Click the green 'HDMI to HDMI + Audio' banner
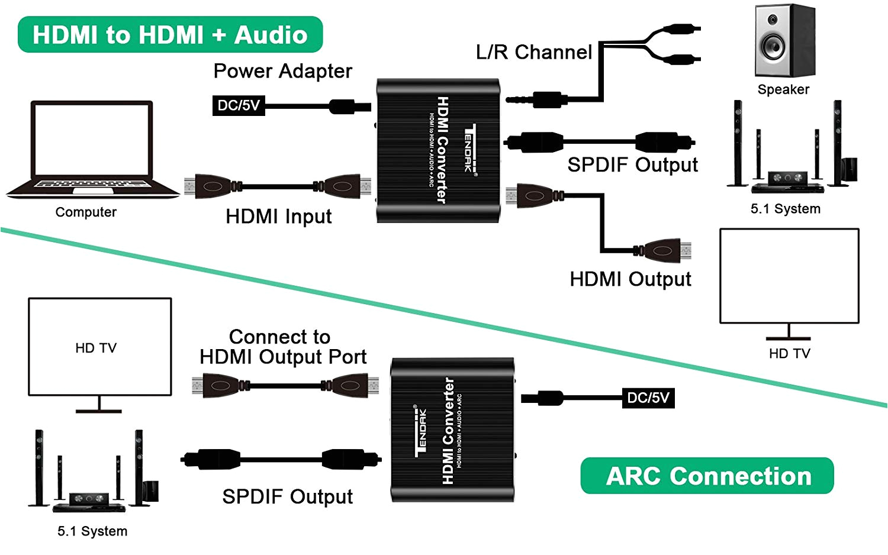tap(170, 34)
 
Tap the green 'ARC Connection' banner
tap(707, 476)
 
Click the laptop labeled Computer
tap(92, 149)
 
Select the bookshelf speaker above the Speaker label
tap(785, 40)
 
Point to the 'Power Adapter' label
tap(282, 72)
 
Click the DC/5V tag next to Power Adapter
tap(239, 105)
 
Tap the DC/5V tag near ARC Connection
tap(648, 398)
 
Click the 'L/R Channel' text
tap(534, 52)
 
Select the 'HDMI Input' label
tap(279, 217)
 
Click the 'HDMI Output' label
tap(630, 279)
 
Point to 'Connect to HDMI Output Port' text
tap(282, 347)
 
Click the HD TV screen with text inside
tap(100, 347)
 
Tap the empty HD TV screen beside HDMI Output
tap(789, 276)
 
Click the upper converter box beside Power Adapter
tap(438, 150)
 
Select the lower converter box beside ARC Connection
tap(453, 430)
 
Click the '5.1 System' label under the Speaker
tap(786, 209)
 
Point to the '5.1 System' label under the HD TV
tap(92, 531)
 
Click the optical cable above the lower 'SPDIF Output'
tap(281, 460)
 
